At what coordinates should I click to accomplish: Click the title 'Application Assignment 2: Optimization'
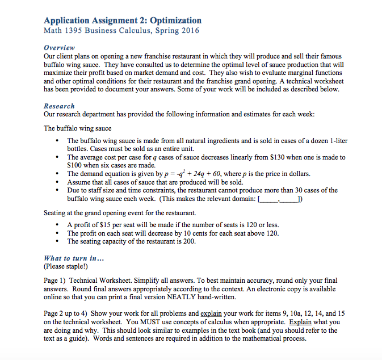(x=122, y=20)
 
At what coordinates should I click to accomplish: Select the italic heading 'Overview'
(x=59, y=48)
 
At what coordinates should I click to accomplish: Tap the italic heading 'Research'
(x=59, y=106)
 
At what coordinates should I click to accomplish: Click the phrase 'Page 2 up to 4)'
(x=66, y=313)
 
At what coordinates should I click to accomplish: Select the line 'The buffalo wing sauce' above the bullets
(x=78, y=128)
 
